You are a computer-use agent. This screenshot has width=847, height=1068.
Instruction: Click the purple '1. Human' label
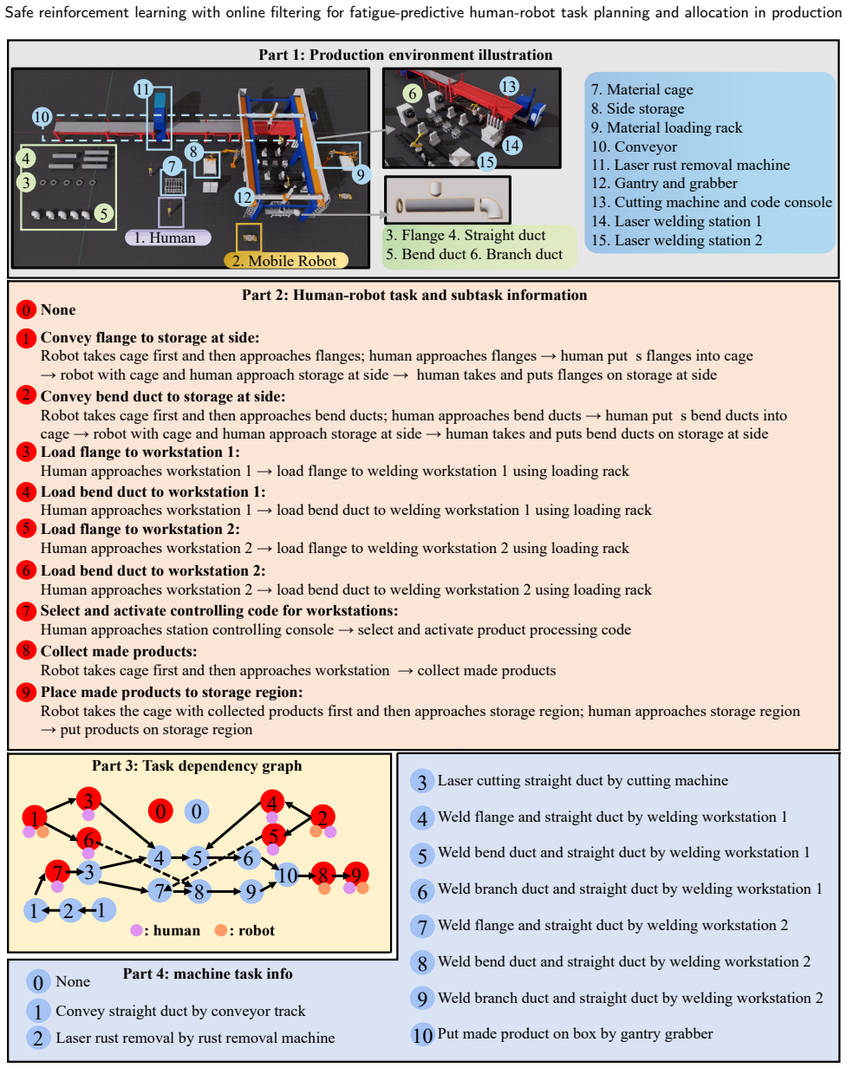[168, 238]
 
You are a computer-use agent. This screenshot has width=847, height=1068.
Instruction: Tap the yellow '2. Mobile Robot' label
[285, 261]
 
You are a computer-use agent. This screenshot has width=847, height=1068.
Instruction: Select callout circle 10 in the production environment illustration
[42, 117]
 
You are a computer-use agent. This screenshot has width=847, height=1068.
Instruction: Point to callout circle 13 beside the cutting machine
[508, 87]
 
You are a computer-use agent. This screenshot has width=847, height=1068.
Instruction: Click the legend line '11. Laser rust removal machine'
[690, 165]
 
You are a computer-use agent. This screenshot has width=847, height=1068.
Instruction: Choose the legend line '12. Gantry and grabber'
[664, 183]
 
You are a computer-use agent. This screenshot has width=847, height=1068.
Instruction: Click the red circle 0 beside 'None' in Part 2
[26, 309]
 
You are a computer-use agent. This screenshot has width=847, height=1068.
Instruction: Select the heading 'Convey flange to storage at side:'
[150, 337]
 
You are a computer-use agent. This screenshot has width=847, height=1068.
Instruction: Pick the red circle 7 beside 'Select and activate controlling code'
[26, 611]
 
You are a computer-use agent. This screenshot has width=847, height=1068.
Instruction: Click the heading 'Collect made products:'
[119, 651]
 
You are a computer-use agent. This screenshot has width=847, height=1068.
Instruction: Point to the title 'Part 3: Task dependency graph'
[197, 765]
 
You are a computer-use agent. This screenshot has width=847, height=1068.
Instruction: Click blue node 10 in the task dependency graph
[287, 876]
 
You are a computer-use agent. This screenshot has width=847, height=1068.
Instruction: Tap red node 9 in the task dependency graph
[355, 875]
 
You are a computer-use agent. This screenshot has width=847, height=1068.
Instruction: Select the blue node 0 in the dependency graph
[197, 811]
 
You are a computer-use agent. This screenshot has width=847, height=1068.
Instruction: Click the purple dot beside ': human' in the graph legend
[136, 930]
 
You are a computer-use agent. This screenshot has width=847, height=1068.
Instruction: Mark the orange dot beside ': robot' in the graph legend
[221, 930]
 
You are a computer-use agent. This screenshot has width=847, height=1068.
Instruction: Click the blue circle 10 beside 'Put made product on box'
[422, 1035]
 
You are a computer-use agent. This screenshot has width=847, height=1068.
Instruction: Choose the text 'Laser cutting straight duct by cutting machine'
[583, 780]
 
